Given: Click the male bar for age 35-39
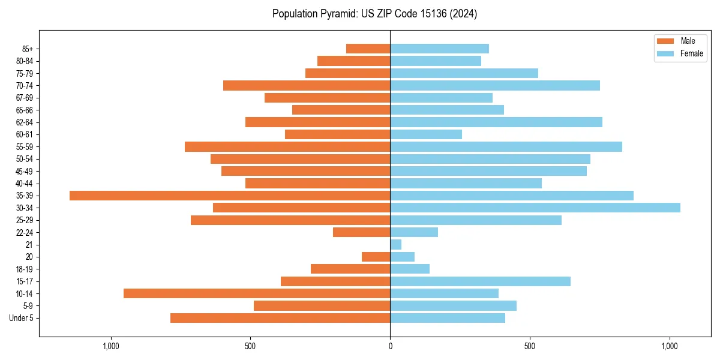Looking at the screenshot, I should coord(230,196).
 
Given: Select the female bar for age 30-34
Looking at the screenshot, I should coord(535,208).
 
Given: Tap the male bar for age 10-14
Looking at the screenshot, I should coord(257,293).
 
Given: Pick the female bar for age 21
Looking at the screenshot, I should coord(396,245).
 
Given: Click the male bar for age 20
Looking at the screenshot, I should coord(376,257).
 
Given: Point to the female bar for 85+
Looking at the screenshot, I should coord(439,49).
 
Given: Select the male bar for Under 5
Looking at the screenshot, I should coord(280,318).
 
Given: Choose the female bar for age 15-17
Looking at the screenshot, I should coord(480,281).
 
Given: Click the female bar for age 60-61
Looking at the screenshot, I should coord(426,134).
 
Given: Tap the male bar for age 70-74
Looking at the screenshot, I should coord(307,86).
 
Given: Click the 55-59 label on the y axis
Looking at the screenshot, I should coord(25,147).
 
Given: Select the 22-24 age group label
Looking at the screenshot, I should coord(25,233).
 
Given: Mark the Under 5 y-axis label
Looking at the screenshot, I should coord(22,318).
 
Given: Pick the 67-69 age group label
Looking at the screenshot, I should coord(25,98).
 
